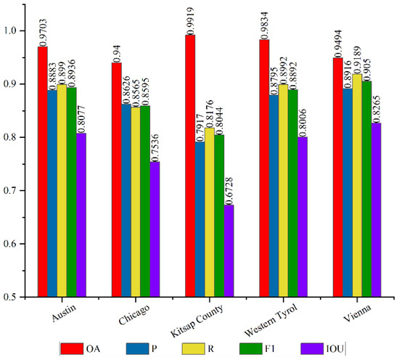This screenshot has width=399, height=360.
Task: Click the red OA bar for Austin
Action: point(43,172)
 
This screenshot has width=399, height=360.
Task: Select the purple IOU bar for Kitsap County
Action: point(229,251)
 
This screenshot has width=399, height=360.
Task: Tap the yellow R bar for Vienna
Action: point(357,186)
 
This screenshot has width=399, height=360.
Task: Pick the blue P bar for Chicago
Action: point(126,200)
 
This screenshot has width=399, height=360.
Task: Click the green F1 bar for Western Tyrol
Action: point(293,193)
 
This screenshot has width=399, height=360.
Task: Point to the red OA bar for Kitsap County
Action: point(190,166)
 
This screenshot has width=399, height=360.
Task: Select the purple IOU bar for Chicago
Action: point(155,229)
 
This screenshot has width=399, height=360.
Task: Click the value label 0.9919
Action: point(190,21)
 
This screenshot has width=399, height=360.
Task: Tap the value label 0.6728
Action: point(229,191)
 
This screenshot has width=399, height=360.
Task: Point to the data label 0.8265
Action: point(377,109)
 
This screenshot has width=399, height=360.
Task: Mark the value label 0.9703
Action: point(43,33)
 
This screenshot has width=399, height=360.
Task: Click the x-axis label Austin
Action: point(64,313)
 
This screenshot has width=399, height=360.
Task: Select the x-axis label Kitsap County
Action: point(197,321)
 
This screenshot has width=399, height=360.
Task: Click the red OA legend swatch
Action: point(72,349)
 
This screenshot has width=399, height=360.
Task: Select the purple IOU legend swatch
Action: point(312,349)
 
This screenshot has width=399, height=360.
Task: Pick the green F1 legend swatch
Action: point(251,349)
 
